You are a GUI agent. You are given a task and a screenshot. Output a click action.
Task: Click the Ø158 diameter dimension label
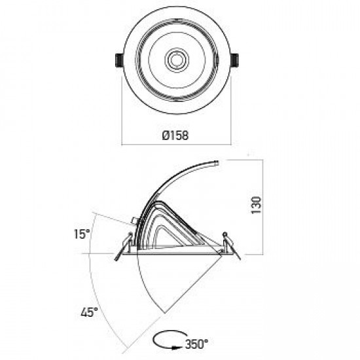[x=175, y=135]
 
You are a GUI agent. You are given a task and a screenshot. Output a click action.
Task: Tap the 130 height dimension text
[x=256, y=205]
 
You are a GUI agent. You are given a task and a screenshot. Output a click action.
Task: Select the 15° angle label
[x=82, y=234]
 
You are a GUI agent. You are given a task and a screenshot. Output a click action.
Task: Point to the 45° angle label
[x=89, y=312]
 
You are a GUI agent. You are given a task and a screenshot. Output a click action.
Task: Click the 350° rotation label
[x=197, y=344]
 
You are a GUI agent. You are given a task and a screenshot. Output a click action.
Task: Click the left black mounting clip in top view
[x=118, y=60]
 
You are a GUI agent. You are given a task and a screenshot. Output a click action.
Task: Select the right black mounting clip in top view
[x=234, y=60]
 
